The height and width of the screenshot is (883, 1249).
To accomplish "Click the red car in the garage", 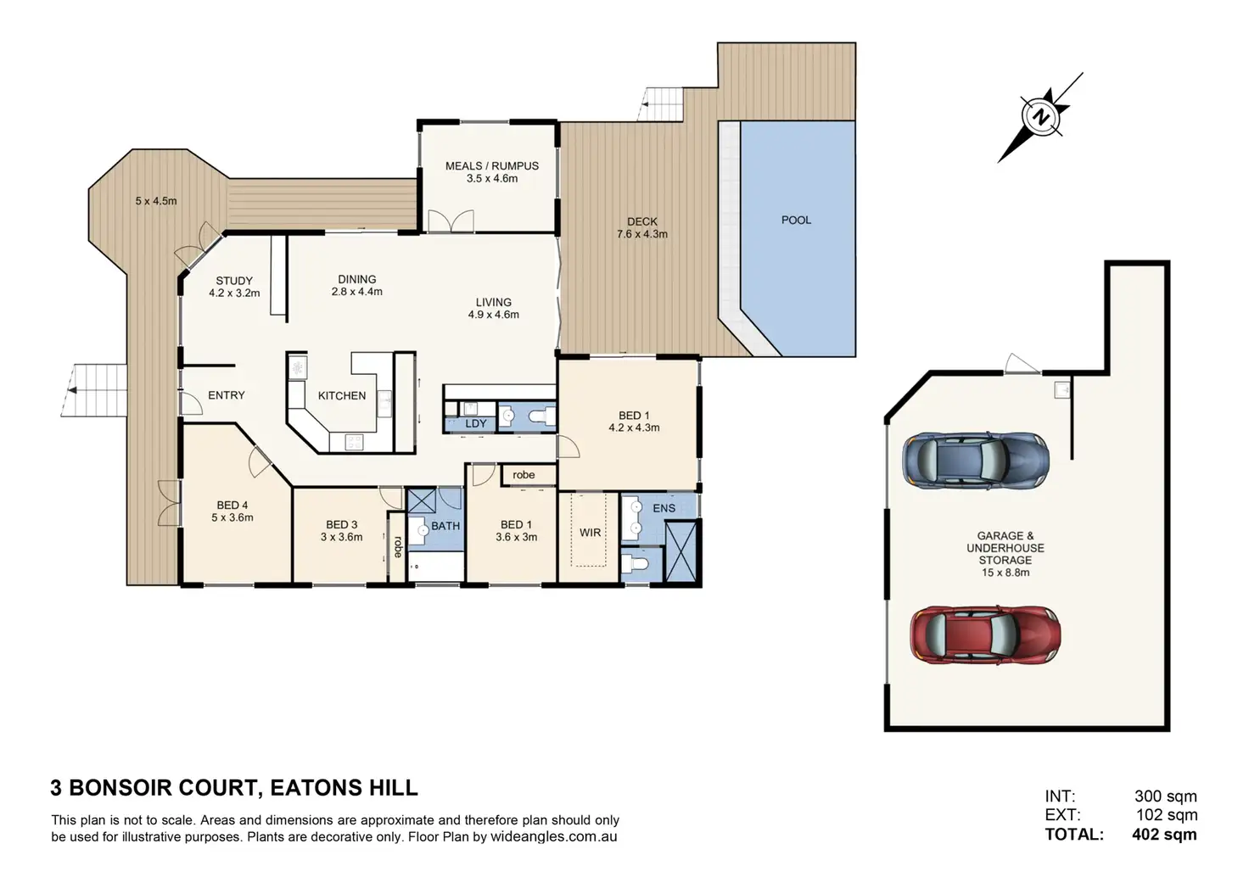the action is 985,635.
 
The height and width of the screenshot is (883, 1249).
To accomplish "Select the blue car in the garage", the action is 976,461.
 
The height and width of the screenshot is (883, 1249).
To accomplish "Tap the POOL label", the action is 796,221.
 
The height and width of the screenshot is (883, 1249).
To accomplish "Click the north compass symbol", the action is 1040,117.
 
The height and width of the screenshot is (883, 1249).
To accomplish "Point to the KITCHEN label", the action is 342,396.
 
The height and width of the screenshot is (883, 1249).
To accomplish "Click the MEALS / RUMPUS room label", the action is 492,166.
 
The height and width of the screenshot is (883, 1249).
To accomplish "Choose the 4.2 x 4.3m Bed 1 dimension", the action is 634,428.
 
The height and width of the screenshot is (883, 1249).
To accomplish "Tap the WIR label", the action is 590,533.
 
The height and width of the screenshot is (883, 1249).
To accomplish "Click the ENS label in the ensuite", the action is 664,508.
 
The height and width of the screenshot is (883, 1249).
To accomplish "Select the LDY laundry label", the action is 476,423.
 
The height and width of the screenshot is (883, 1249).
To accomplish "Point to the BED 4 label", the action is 232,505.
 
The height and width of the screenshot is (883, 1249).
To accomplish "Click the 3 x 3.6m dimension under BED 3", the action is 341,537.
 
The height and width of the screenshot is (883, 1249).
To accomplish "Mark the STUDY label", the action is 234,281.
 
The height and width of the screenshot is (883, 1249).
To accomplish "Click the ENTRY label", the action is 227,395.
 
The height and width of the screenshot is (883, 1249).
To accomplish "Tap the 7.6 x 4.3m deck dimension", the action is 641,234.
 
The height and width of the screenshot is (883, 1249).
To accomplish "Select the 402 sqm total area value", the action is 1164,835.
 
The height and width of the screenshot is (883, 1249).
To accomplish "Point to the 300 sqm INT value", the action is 1165,796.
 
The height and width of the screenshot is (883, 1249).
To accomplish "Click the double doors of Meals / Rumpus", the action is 451,221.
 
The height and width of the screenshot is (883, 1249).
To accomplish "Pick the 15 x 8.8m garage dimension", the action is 1005,573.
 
